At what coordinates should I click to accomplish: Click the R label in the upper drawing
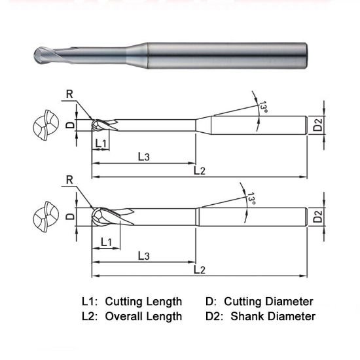click(70, 94)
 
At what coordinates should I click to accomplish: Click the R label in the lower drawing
click(70, 179)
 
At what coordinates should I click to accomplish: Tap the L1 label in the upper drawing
click(101, 143)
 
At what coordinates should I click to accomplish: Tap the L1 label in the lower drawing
click(105, 242)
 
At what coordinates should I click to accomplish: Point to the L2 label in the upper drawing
click(200, 171)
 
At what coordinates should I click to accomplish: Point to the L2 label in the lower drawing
click(200, 270)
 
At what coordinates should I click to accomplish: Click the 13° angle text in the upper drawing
click(263, 107)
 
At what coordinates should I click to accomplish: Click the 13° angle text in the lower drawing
click(250, 198)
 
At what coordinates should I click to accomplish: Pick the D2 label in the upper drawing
click(317, 124)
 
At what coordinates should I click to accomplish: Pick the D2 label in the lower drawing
click(317, 217)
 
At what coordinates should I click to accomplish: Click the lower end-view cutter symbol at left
click(45, 216)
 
